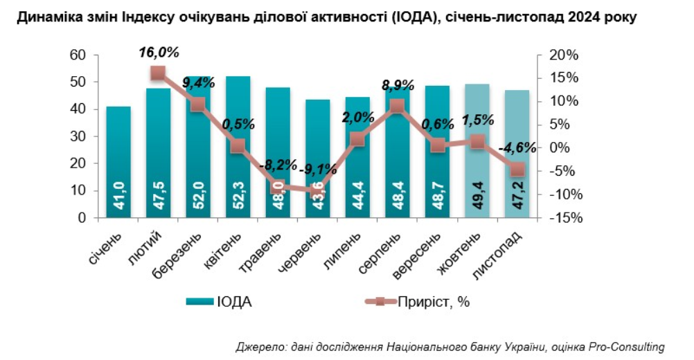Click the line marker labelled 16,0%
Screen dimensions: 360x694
pos(158,73)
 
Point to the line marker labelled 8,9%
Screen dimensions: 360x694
pos(397,106)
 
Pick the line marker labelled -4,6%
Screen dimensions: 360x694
pos(517,170)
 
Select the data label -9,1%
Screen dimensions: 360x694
pos(318,168)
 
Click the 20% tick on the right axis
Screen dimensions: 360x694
pos(563,55)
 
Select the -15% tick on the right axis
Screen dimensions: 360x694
pos(563,218)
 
